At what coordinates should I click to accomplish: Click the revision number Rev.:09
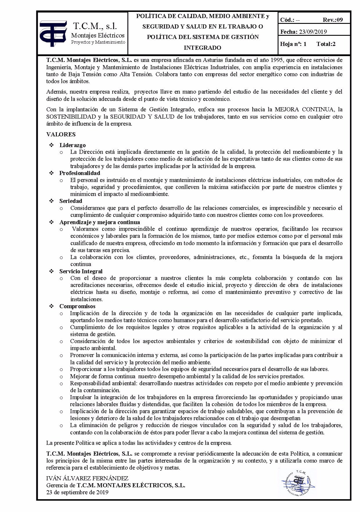click(333, 20)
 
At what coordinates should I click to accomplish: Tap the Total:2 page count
click(326, 44)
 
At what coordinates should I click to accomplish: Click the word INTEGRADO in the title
click(203, 48)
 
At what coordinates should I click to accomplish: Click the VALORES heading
click(61, 134)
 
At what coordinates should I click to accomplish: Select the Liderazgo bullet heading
click(73, 145)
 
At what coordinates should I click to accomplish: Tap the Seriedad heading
click(71, 201)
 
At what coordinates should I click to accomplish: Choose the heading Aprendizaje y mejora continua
click(100, 222)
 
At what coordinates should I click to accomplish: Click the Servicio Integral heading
click(81, 271)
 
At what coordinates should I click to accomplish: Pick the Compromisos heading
click(77, 306)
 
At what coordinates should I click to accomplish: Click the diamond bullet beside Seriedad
click(52, 201)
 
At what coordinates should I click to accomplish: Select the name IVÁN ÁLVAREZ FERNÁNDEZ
click(87, 478)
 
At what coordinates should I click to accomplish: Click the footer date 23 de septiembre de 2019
click(77, 492)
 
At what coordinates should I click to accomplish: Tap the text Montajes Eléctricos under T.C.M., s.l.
click(98, 35)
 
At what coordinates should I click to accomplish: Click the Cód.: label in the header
click(288, 20)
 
